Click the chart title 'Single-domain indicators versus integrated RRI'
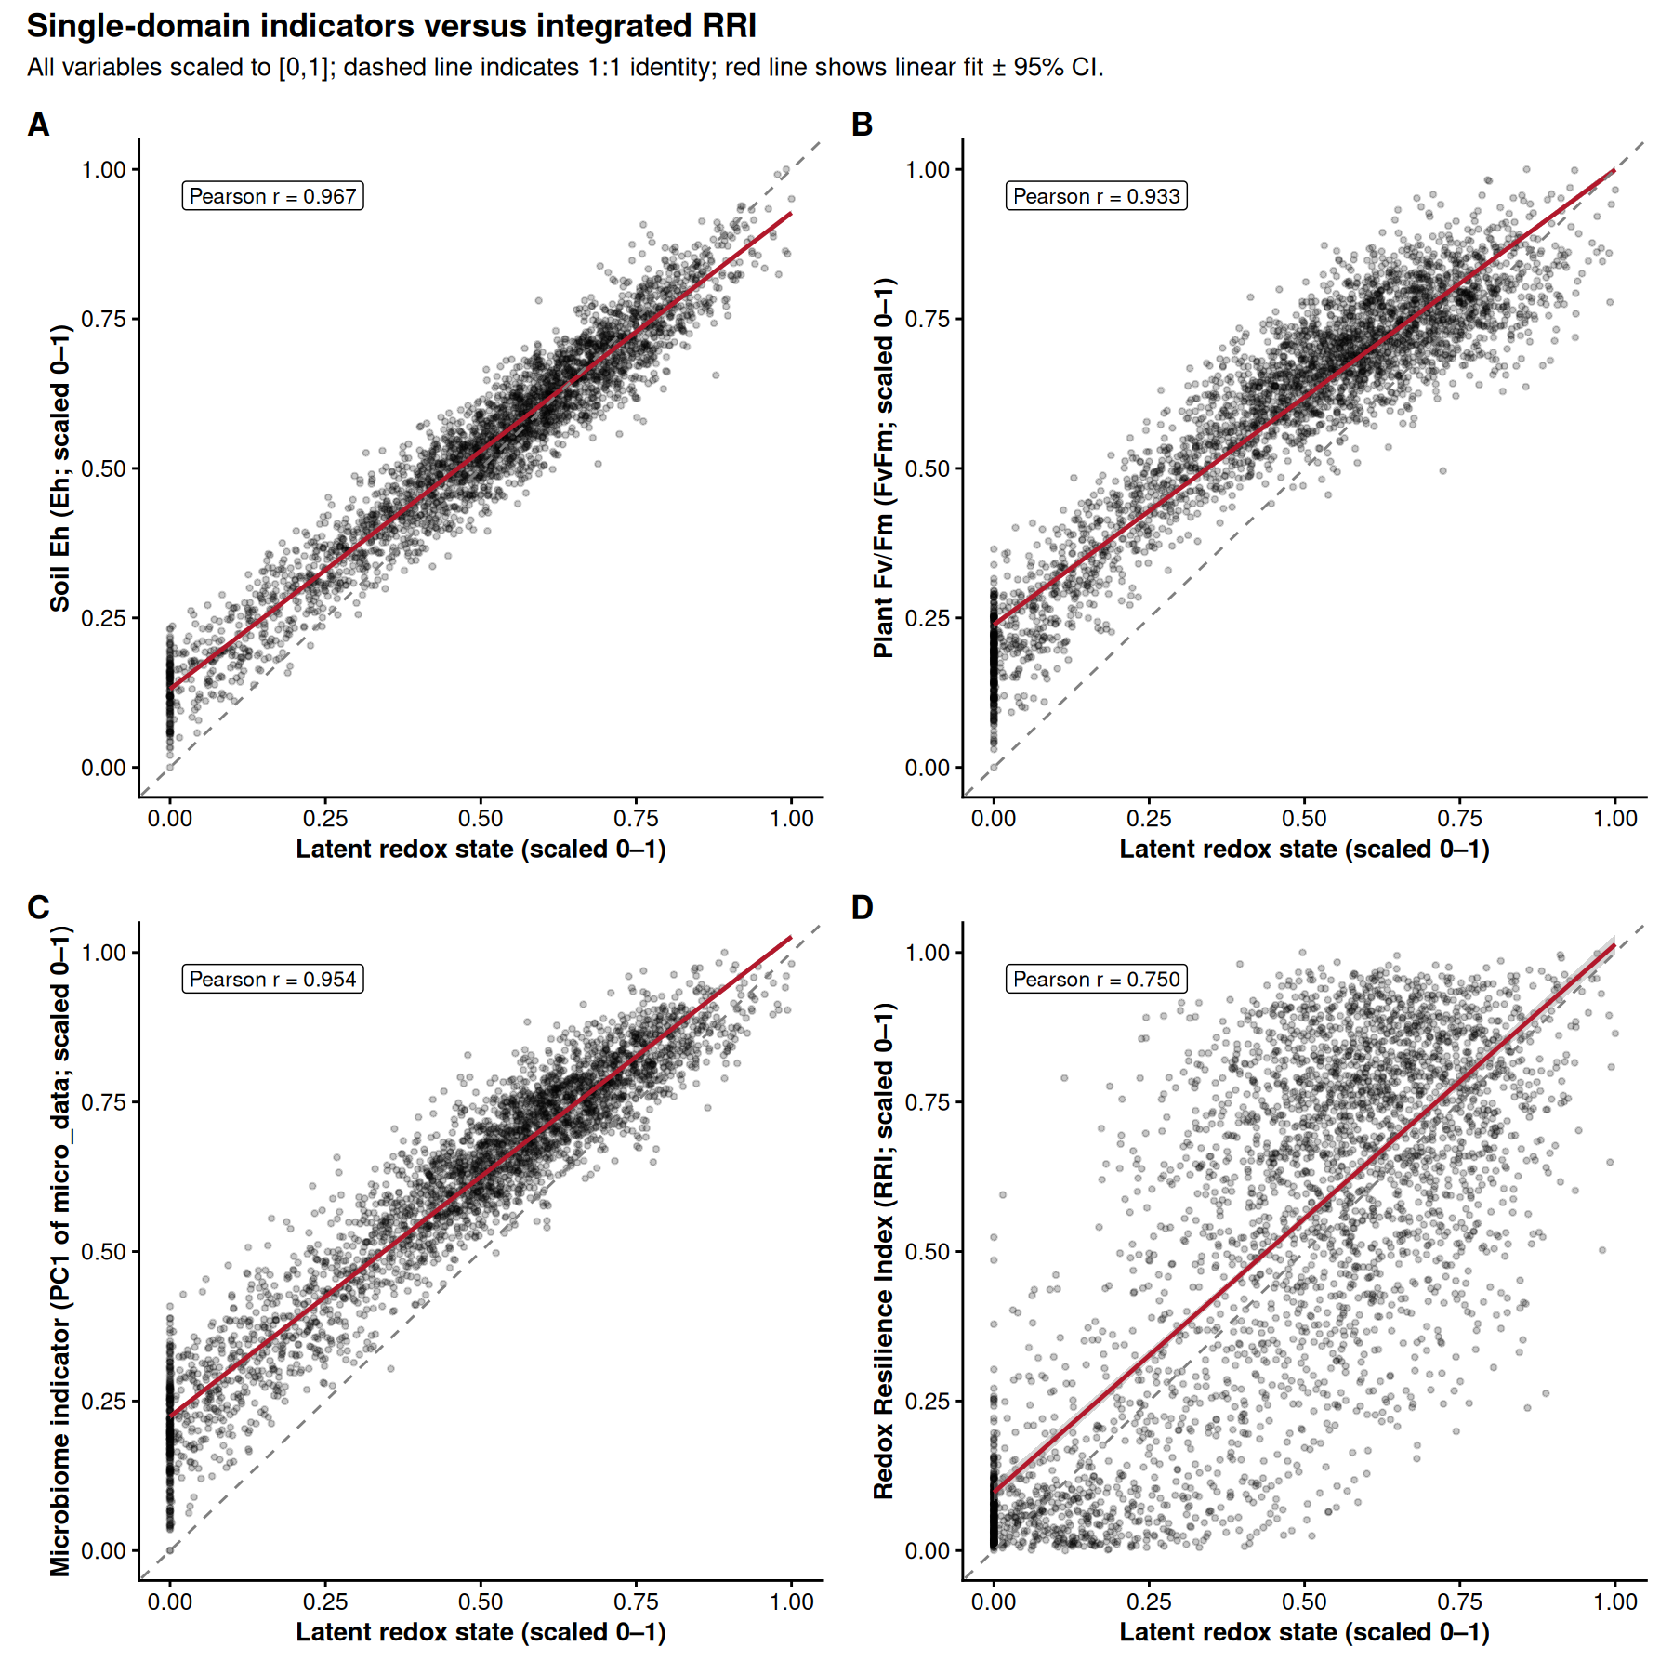point(391,26)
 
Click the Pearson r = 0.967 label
point(272,196)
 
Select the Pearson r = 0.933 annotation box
point(1096,196)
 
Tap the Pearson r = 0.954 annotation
point(272,979)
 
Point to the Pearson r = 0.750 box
point(1096,979)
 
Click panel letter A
point(38,125)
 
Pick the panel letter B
point(862,125)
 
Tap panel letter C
point(38,907)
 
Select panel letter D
point(862,907)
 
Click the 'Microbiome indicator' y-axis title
point(60,1250)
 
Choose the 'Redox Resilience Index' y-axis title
point(884,1250)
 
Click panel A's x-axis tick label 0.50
point(481,819)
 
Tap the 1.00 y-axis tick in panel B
point(927,170)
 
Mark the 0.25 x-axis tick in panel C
point(325,1601)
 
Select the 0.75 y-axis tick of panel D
point(927,1102)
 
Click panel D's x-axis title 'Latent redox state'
point(1304,1632)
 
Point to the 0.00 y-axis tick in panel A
point(103,768)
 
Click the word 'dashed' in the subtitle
point(382,68)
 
